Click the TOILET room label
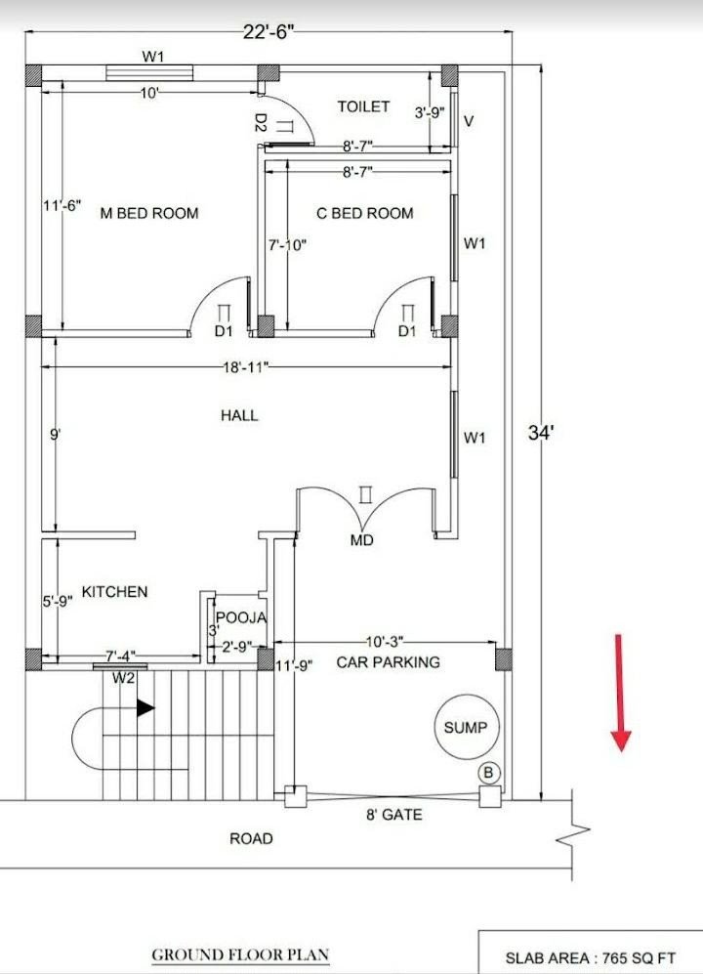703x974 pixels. [363, 106]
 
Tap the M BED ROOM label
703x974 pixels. [149, 213]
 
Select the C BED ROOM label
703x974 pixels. [364, 213]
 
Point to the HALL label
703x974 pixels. [239, 415]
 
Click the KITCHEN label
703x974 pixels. [115, 591]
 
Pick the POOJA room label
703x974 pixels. [241, 617]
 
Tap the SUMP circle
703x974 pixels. [466, 727]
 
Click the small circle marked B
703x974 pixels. [489, 773]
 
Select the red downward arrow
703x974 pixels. [619, 693]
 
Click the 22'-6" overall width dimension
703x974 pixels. [269, 32]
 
